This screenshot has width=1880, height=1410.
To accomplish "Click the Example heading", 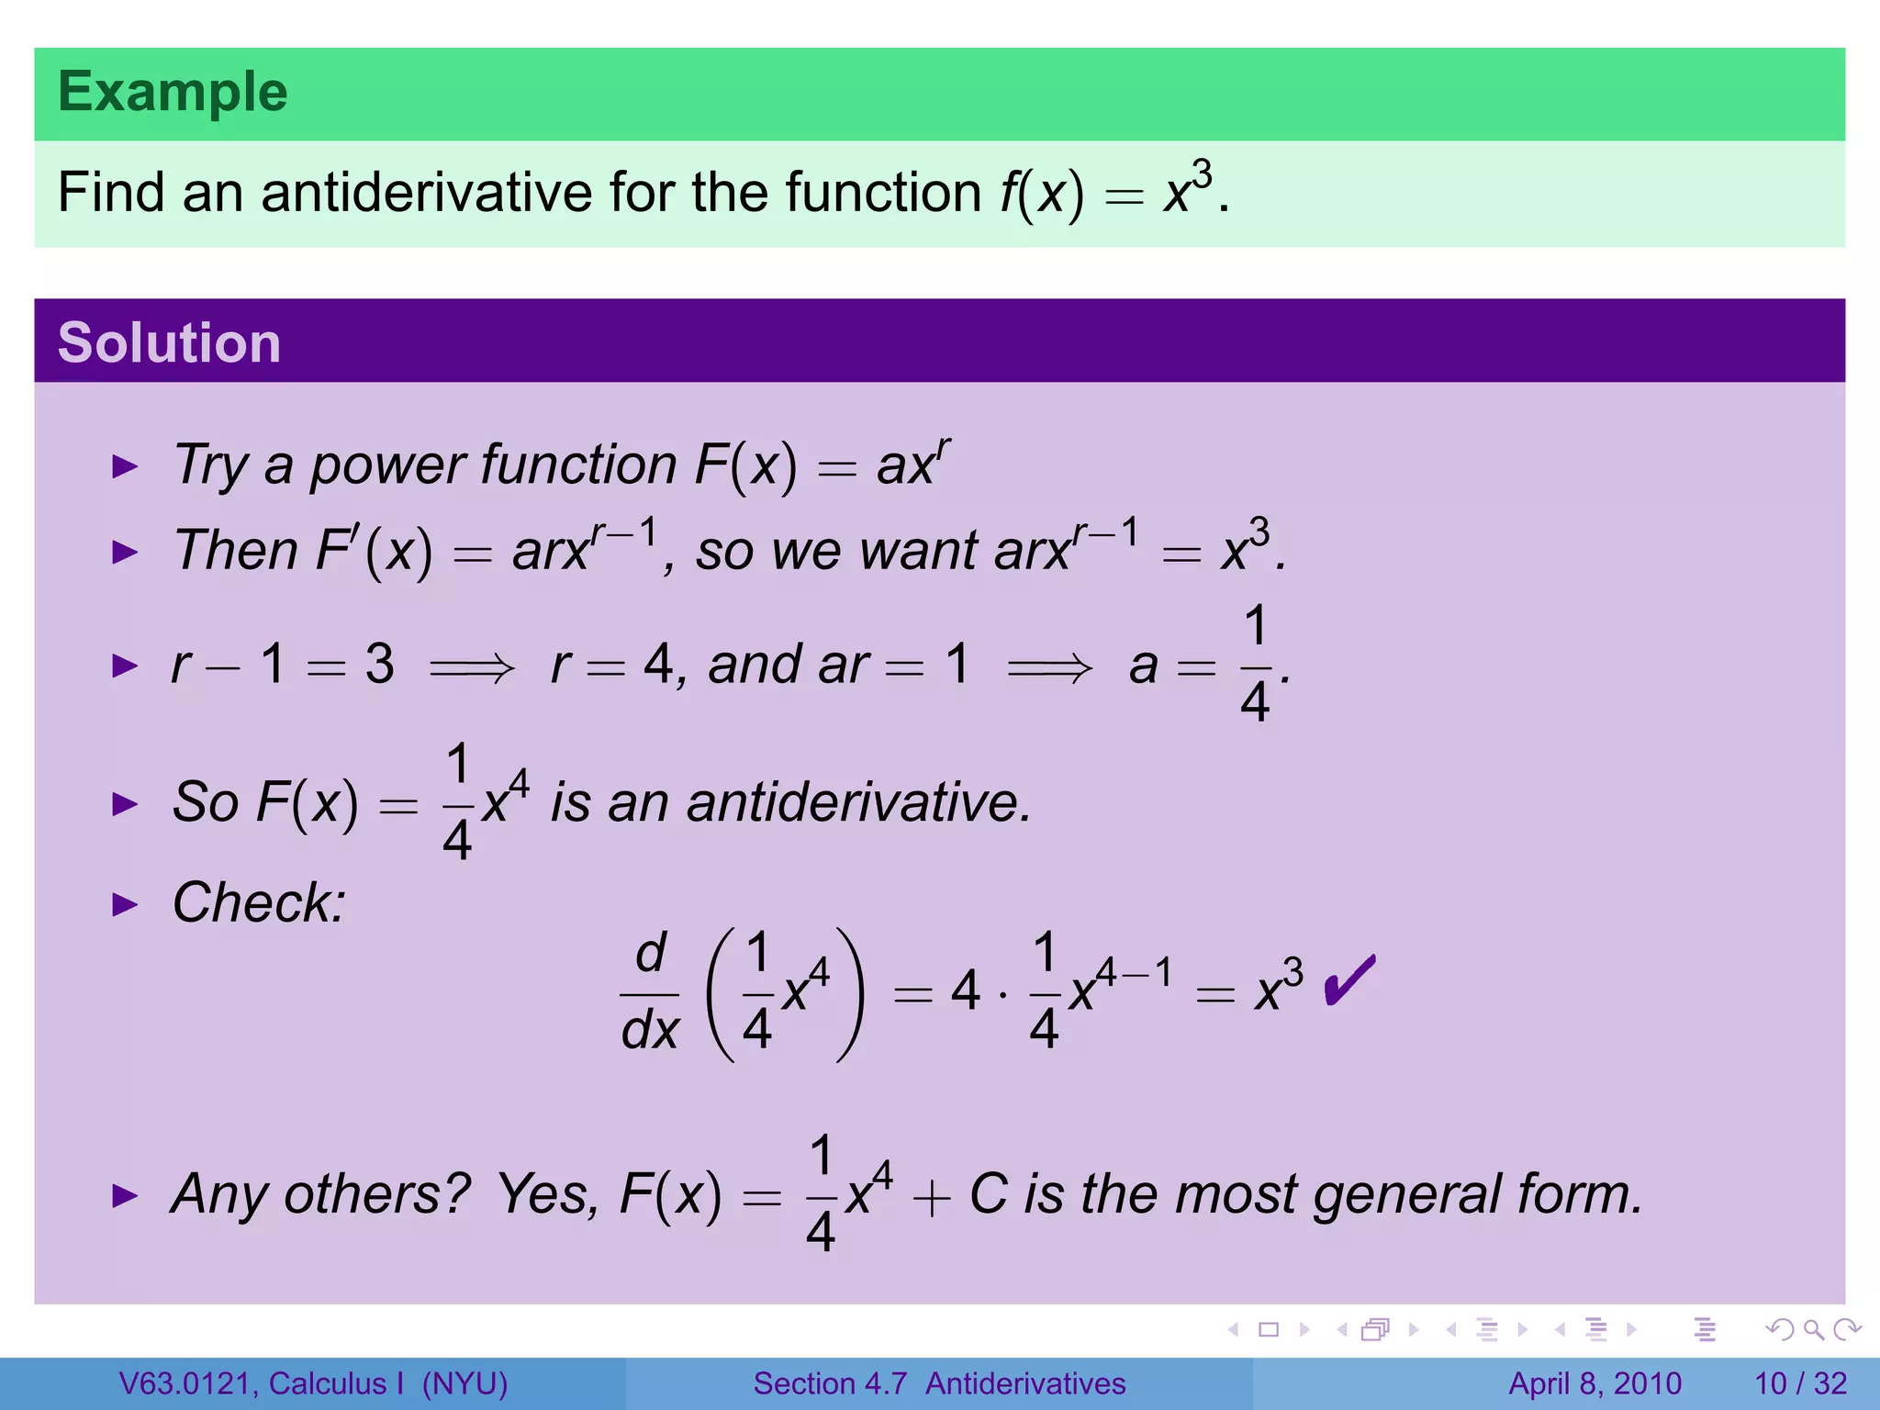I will [173, 93].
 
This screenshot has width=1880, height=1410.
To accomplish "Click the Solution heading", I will [169, 343].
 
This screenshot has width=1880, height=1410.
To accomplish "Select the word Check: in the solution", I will [259, 902].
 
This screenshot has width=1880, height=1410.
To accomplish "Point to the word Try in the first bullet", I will [211, 464].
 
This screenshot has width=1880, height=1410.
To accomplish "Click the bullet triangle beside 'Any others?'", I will [124, 1195].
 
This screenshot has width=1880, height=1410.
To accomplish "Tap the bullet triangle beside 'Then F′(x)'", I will [124, 552].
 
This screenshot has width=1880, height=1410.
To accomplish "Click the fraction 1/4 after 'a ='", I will [1255, 664].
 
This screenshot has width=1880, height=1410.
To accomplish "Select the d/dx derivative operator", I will [650, 992].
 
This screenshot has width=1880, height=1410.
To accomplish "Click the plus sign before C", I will [931, 1199].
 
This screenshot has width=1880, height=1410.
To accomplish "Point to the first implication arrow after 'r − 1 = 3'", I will [472, 666].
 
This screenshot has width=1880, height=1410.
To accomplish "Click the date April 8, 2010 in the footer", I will [1595, 1383].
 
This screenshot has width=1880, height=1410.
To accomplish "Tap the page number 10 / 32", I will [1800, 1383].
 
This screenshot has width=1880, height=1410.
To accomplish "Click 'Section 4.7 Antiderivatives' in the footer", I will [939, 1383].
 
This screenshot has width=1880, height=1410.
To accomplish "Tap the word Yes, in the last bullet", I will [548, 1195].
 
